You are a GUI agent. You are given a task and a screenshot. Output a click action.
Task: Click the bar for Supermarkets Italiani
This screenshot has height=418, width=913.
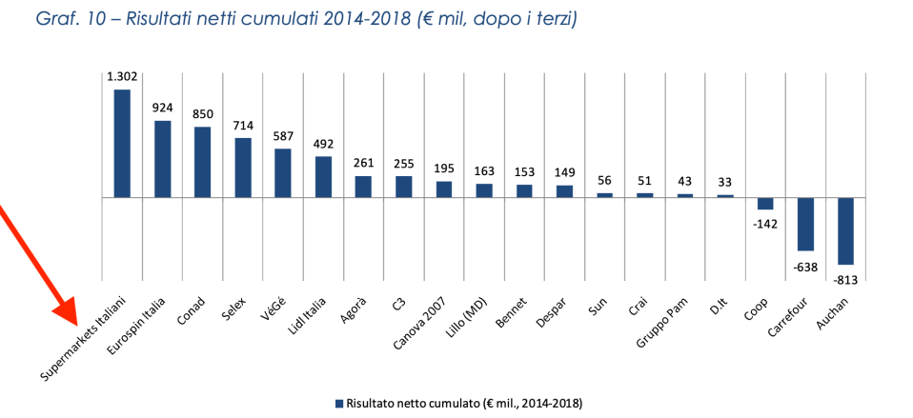122,143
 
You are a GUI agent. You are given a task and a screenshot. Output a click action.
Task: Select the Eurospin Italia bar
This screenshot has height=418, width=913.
162,159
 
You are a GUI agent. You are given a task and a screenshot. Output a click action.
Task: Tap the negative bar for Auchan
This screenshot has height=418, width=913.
845,230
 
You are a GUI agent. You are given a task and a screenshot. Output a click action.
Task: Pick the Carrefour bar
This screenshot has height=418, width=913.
805,224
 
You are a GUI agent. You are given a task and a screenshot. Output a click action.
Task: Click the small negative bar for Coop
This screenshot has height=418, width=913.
765,204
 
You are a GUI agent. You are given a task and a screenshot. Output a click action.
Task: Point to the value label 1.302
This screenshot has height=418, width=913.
122,77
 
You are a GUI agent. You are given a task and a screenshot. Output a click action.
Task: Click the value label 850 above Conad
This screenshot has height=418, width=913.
202,114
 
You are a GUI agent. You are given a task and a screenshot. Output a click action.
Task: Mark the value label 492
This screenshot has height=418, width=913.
323,144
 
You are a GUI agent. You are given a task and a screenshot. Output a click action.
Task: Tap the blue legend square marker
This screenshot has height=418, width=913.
338,404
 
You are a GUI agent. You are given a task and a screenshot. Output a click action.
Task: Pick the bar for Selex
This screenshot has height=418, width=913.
243,168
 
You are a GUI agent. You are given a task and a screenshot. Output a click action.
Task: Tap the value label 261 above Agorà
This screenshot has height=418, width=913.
363,163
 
